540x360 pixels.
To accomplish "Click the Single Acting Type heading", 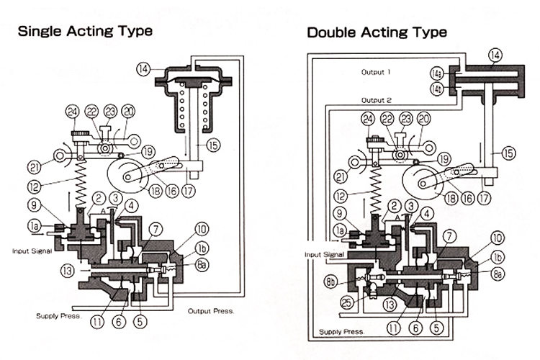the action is point(85,31).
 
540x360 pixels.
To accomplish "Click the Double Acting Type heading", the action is point(377,32).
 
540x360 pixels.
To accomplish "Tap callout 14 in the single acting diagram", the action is point(143,69).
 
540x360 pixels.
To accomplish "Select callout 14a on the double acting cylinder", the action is point(437,73).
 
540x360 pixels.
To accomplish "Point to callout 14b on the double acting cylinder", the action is point(437,89).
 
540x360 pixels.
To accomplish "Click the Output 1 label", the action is point(376,72).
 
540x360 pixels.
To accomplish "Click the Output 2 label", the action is point(376,100).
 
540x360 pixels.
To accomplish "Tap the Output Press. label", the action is point(211,311).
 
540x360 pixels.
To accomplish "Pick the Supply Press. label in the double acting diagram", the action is point(341,332).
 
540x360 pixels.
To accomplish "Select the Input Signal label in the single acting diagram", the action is point(32,251).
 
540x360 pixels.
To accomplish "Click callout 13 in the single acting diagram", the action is point(68,271).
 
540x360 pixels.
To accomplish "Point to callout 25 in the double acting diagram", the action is point(347,303).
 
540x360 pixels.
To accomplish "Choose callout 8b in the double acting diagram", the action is point(330,282).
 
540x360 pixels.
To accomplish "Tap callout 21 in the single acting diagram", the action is point(34,168).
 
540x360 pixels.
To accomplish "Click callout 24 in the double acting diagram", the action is point(368,120).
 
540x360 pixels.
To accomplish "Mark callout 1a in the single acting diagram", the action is point(34,226).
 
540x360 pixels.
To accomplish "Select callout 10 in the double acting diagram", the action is point(497,238).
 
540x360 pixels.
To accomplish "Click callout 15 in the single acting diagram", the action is point(213,145).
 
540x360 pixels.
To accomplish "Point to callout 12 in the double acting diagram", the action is point(341,197).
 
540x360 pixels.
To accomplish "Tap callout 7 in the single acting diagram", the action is point(156,230).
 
